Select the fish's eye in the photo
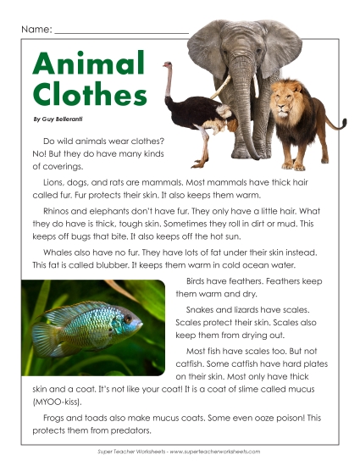pyautogui.click(x=127, y=319)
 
